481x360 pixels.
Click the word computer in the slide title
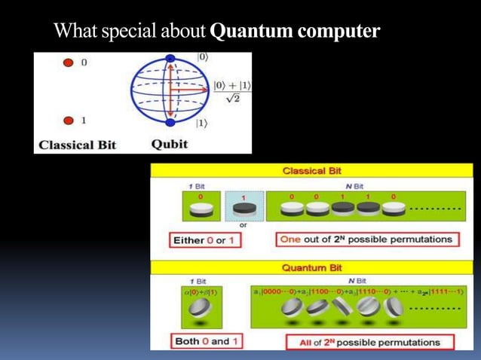339,32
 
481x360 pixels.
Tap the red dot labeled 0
68,63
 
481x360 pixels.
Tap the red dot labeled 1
68,120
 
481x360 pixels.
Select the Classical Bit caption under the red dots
78,144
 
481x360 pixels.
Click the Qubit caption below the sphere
169,143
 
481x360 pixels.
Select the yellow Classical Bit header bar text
311,171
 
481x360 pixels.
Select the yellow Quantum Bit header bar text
311,267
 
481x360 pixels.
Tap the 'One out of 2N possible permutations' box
366,239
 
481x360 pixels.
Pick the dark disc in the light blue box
243,207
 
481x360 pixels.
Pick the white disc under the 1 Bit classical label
201,209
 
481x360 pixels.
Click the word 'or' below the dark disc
243,225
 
